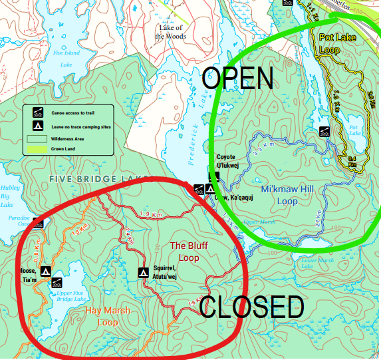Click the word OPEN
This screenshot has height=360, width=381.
239,78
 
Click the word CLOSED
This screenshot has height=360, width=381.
251,307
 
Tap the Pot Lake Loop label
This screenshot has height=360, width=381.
338,43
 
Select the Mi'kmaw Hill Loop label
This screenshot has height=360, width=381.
287,196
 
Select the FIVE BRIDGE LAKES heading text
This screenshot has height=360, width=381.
100,179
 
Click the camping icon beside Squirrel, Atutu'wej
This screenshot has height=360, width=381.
142,272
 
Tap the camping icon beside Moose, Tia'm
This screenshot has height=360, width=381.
46,271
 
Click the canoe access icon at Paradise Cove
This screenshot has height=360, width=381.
38,224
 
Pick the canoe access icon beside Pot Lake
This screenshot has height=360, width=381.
324,131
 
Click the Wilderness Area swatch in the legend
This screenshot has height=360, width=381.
38,139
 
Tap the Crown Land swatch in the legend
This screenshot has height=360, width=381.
38,150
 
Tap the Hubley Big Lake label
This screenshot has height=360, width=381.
8,197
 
